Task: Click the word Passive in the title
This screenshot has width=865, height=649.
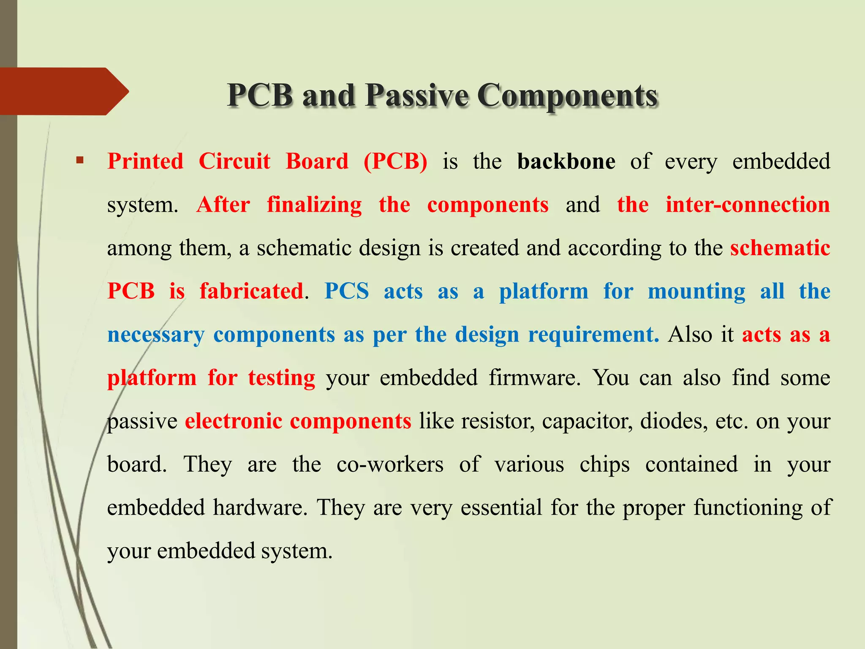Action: [x=416, y=95]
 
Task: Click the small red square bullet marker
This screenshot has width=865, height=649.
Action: [x=80, y=161]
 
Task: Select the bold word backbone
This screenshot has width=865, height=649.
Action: [x=566, y=161]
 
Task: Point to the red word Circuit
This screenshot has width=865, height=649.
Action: [x=234, y=161]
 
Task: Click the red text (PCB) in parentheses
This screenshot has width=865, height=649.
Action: [x=395, y=161]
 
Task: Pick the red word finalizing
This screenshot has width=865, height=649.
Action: [x=314, y=205]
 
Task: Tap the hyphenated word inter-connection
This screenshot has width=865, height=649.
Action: [x=748, y=205]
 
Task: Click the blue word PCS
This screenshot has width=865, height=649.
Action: [x=346, y=292]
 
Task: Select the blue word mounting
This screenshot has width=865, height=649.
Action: [x=696, y=292]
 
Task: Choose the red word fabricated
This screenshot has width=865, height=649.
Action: [x=251, y=292]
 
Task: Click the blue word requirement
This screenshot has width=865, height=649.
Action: [x=593, y=335]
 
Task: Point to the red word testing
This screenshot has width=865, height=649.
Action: [x=281, y=378]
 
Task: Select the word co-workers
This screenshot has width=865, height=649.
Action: [x=390, y=464]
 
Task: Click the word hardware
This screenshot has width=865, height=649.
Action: [x=260, y=507]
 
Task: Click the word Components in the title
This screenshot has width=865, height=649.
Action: [x=567, y=95]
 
